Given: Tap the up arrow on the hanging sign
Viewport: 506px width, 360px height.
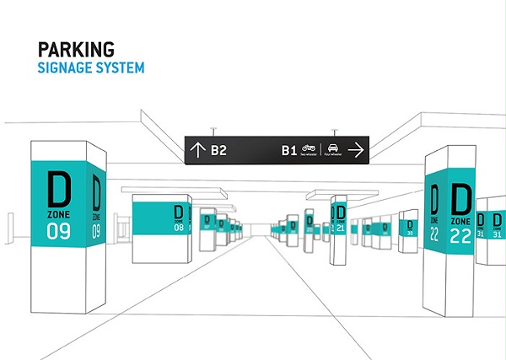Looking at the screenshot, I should [x=197, y=151].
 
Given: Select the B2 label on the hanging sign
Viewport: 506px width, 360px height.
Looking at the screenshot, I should [x=219, y=151].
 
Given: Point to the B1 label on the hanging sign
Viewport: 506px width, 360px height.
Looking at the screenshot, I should [x=289, y=151].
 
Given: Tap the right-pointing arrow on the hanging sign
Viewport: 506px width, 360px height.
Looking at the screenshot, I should [x=355, y=151].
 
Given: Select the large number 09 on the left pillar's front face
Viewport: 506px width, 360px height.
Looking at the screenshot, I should [x=58, y=228].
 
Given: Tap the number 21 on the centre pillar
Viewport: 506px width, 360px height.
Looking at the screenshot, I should [x=340, y=228].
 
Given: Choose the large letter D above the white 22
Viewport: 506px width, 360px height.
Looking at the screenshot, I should [x=460, y=199].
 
